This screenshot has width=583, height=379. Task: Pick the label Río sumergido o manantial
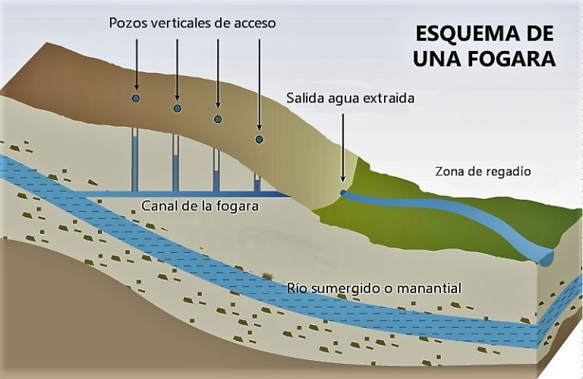(x=375, y=289)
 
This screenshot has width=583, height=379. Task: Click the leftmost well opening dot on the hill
(x=136, y=99)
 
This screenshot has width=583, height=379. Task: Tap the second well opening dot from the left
(x=177, y=109)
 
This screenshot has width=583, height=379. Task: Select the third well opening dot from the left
(x=218, y=119)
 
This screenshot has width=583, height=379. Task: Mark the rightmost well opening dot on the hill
(x=259, y=140)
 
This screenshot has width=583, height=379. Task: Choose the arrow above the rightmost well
(x=259, y=84)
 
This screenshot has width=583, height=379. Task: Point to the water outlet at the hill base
(x=343, y=193)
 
